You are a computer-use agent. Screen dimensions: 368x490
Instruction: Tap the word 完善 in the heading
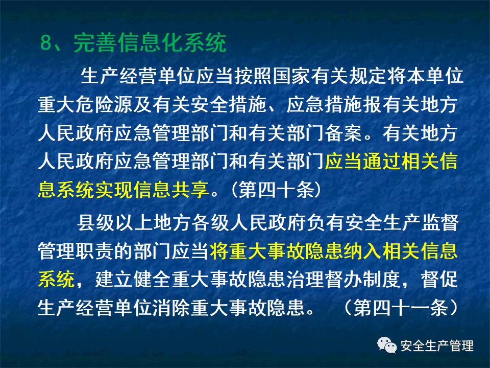(x=91, y=43)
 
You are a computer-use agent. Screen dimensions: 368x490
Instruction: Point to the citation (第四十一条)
(x=400, y=308)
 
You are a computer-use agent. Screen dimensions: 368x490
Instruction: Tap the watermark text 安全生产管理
(x=437, y=346)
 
